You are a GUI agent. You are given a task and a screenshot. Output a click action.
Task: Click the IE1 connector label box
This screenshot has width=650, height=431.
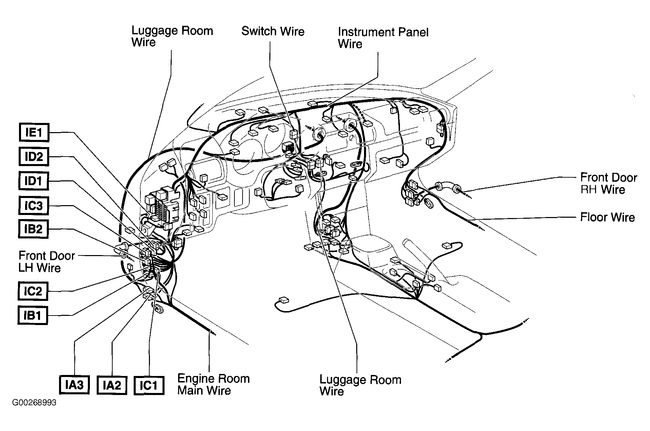pyautogui.click(x=34, y=132)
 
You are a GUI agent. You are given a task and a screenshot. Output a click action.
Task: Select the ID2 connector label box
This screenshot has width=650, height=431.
pyautogui.click(x=34, y=157)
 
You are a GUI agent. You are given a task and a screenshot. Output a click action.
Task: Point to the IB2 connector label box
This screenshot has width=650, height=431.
pyautogui.click(x=33, y=229)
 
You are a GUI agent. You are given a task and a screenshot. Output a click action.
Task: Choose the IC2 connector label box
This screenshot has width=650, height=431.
pyautogui.click(x=33, y=291)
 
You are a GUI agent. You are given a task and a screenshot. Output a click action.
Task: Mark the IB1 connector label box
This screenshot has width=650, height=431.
pyautogui.click(x=33, y=316)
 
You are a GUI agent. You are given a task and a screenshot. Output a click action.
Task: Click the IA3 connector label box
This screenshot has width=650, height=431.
pyautogui.click(x=74, y=385)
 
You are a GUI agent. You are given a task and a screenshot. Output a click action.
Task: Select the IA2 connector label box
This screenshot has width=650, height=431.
pyautogui.click(x=112, y=385)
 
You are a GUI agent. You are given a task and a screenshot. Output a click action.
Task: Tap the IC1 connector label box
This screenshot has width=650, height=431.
pyautogui.click(x=149, y=385)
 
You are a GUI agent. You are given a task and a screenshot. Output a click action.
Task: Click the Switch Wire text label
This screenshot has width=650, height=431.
pyautogui.click(x=273, y=31)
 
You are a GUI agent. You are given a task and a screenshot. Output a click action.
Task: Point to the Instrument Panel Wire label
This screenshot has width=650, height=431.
pyautogui.click(x=383, y=38)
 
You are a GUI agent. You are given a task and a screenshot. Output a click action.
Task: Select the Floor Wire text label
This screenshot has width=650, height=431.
pyautogui.click(x=607, y=217)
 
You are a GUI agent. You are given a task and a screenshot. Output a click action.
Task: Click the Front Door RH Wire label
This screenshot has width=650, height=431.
pyautogui.click(x=609, y=183)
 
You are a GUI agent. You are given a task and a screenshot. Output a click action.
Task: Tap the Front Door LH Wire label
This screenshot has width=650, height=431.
pyautogui.click(x=46, y=262)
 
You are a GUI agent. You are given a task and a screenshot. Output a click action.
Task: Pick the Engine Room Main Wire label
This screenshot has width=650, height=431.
pyautogui.click(x=213, y=384)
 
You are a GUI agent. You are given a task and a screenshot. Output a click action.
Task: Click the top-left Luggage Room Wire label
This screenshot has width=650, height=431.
pyautogui.click(x=172, y=36)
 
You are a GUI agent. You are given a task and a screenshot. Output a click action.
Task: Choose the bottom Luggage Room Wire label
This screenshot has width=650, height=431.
pyautogui.click(x=360, y=385)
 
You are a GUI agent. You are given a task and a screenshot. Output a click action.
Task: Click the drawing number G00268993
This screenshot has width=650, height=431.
pyautogui.click(x=34, y=403)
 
